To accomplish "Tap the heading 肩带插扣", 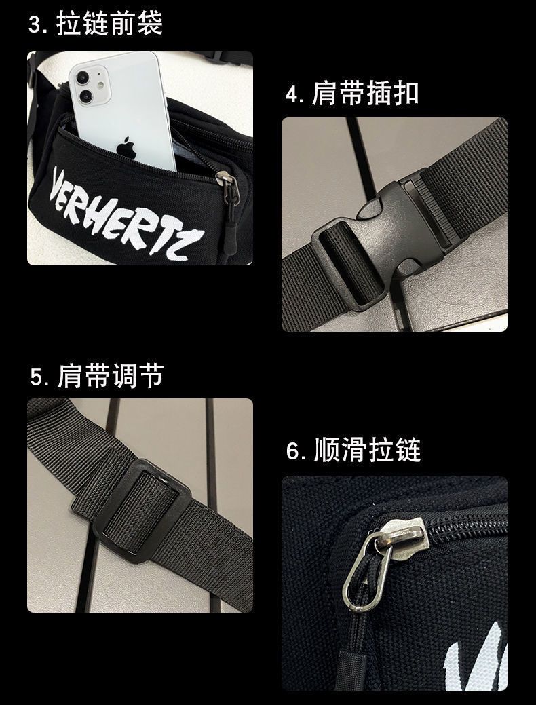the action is pyautogui.click(x=365, y=94).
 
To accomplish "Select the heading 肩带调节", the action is pyautogui.click(x=111, y=376).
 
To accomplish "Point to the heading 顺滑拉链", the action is pyautogui.click(x=367, y=450).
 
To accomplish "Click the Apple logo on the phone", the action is pyautogui.click(x=126, y=149).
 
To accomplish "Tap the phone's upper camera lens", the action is pyautogui.click(x=83, y=78).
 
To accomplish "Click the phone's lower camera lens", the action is pyautogui.click(x=86, y=96).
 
